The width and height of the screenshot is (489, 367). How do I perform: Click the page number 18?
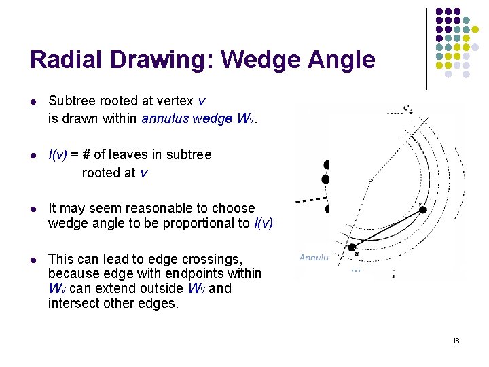click(456, 340)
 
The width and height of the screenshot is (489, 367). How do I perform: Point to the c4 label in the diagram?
click(407, 107)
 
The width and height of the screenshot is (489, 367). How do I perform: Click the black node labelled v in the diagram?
click(422, 210)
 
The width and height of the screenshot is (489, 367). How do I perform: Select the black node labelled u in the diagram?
click(352, 248)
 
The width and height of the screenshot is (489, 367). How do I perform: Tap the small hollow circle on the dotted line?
click(370, 180)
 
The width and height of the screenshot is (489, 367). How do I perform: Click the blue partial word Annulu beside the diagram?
click(313, 258)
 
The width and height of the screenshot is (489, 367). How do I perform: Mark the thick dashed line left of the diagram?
click(308, 200)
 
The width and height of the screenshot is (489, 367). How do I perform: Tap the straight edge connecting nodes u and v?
click(387, 229)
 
